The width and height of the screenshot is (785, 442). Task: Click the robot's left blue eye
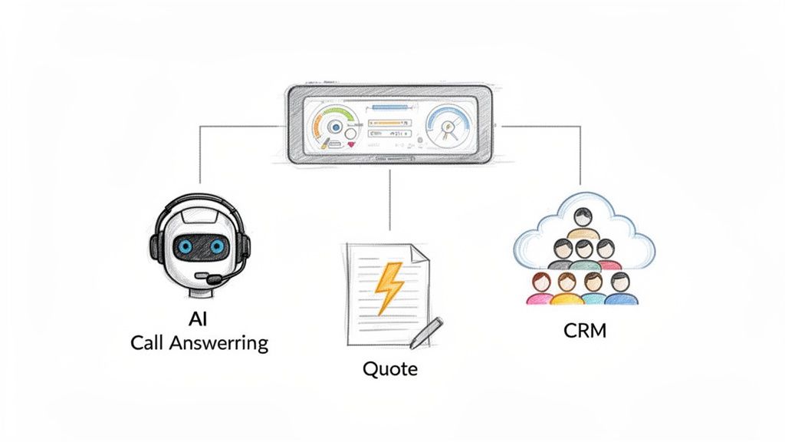(x=184, y=247)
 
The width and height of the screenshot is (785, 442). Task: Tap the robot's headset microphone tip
(x=201, y=275)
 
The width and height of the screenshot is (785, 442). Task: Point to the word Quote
(x=390, y=368)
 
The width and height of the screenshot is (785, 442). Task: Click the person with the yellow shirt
(x=567, y=288)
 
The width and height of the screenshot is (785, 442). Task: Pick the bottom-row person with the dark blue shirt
(x=619, y=289)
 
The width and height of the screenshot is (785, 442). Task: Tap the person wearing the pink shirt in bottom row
(x=539, y=289)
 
